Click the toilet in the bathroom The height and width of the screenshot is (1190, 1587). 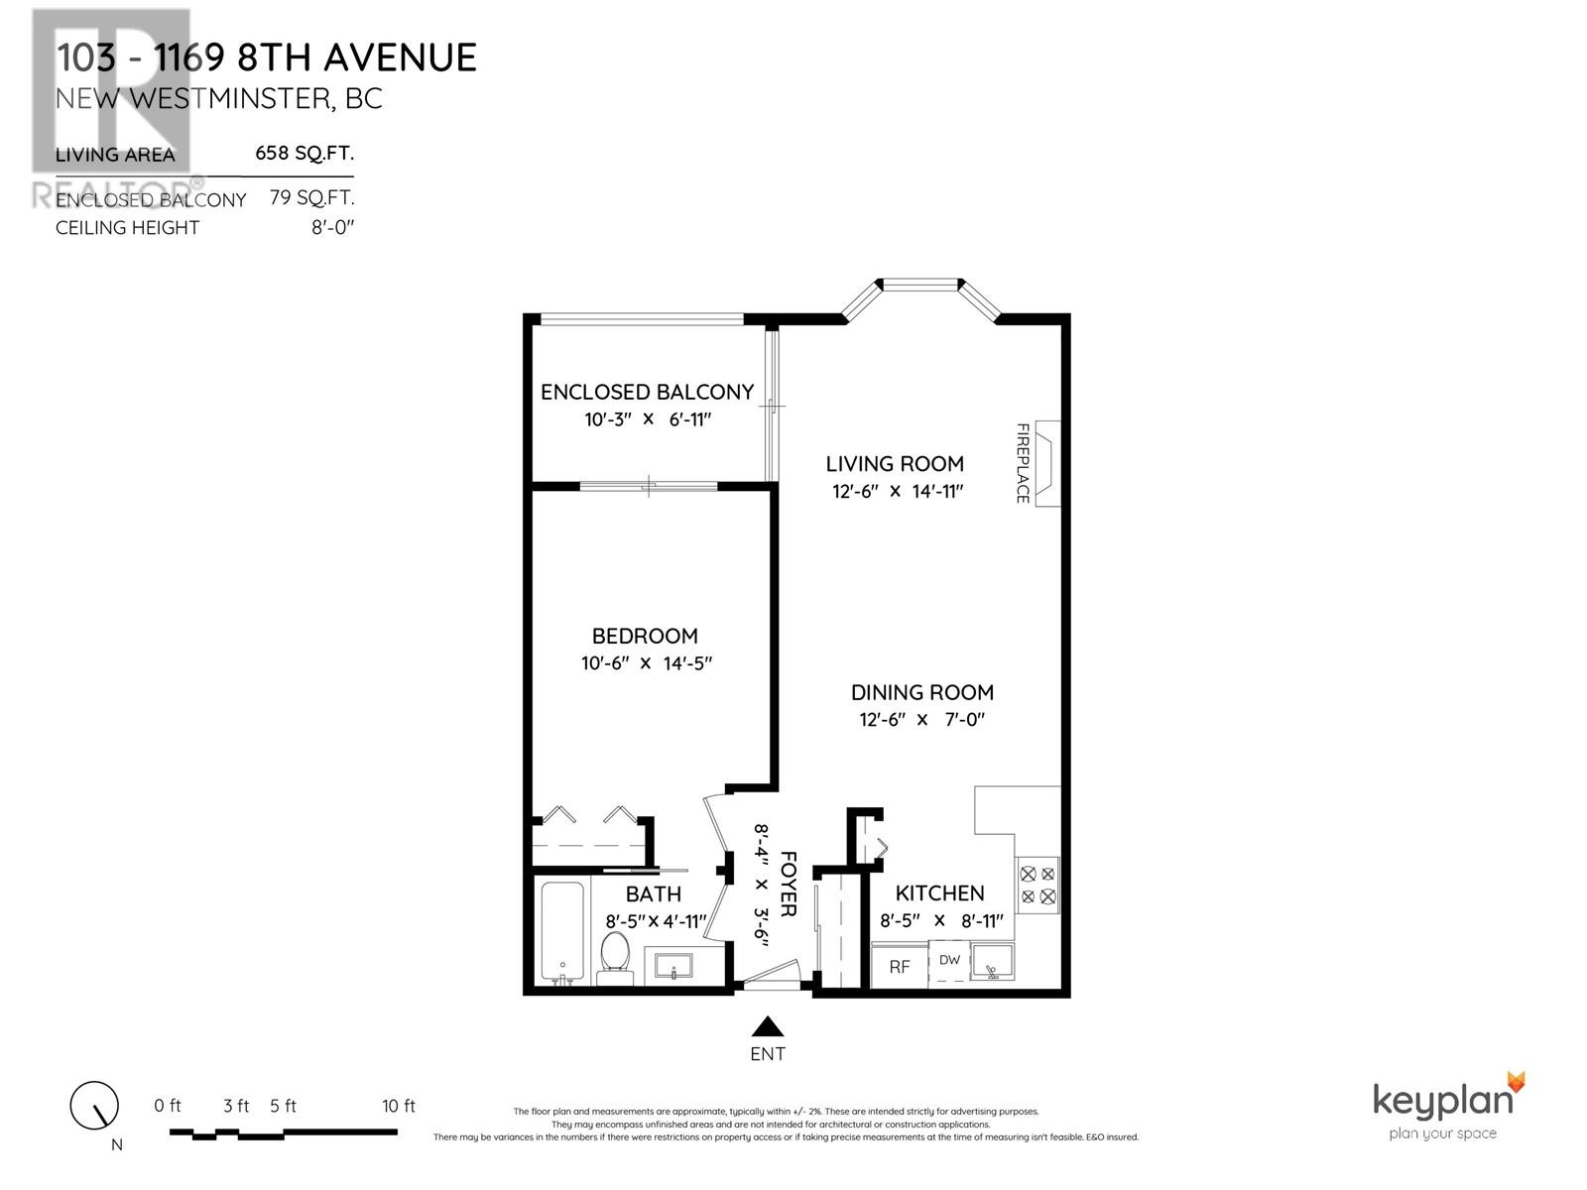(615, 957)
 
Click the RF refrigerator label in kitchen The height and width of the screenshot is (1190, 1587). (899, 967)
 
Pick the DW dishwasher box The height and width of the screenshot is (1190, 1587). (949, 960)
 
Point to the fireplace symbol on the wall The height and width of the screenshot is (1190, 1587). (1047, 463)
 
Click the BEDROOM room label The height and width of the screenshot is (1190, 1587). (645, 636)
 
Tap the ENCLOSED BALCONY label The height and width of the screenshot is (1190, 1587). (647, 392)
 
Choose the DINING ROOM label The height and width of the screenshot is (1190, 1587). (921, 692)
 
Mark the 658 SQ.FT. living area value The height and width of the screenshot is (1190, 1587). (305, 153)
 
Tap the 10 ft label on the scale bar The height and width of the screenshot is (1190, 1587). (398, 1106)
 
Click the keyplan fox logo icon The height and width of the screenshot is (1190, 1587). (1515, 1082)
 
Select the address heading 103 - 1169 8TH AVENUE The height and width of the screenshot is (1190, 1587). (266, 58)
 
